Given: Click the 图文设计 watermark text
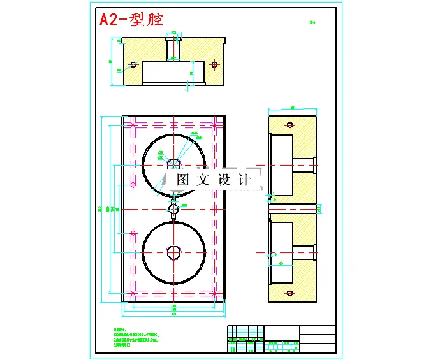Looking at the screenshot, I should pyautogui.click(x=213, y=180).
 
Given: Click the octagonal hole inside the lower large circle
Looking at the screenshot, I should pyautogui.click(x=173, y=252).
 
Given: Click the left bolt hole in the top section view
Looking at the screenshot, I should pyautogui.click(x=133, y=64).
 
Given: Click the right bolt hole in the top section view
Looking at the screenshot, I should pyautogui.click(x=214, y=64).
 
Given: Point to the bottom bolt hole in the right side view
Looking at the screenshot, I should pyautogui.click(x=290, y=292).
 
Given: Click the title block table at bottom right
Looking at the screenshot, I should pyautogui.click(x=281, y=338).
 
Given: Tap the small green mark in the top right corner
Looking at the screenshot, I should pyautogui.click(x=312, y=22).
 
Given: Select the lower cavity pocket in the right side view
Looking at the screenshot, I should pyautogui.click(x=281, y=252).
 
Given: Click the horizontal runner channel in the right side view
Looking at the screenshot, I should pyautogui.click(x=293, y=208).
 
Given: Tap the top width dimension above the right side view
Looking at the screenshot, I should pyautogui.click(x=292, y=108).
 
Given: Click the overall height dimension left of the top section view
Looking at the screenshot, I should pyautogui.click(x=112, y=61).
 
